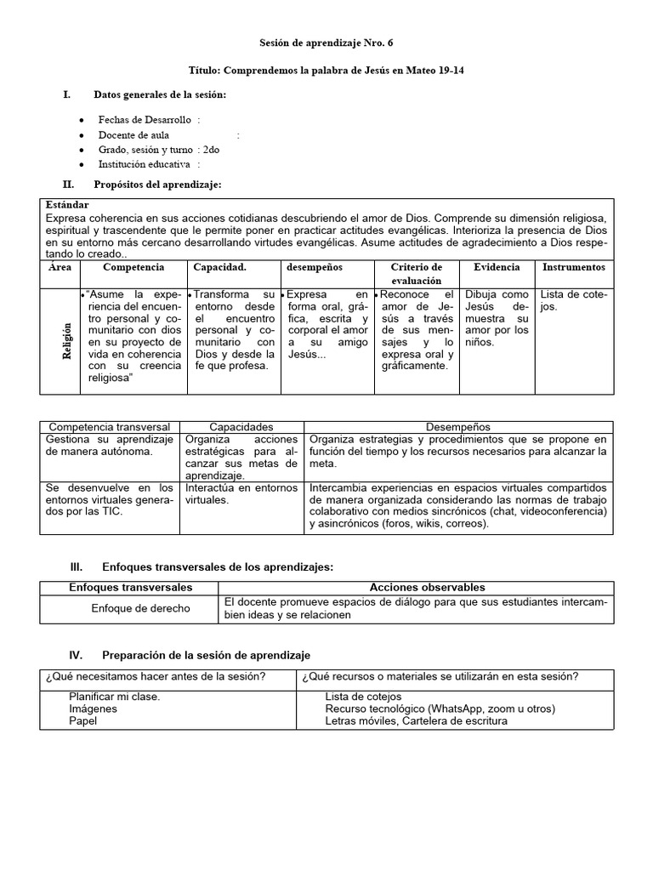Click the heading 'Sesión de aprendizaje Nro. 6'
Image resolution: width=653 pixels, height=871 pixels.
tap(326, 43)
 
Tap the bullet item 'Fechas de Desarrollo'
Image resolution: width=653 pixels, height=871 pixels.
tap(145, 120)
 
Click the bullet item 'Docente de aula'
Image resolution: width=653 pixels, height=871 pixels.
tap(133, 134)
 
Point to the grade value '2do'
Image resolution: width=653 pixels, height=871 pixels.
tap(212, 150)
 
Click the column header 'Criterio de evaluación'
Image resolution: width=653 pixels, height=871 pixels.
tap(417, 273)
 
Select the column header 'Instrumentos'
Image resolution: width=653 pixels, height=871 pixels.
tap(574, 267)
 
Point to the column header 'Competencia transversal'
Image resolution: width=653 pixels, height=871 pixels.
tap(110, 426)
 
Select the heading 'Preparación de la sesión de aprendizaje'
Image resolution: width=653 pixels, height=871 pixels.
tap(206, 655)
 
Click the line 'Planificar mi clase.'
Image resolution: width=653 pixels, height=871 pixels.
tap(115, 697)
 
